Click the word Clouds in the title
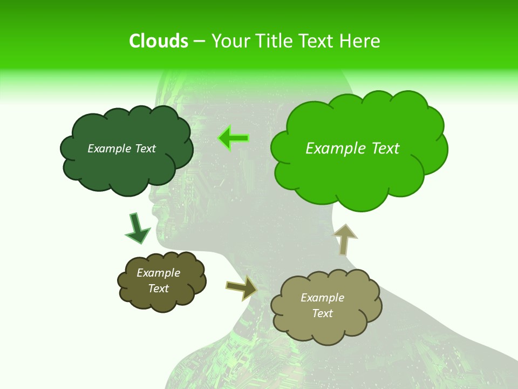[159, 41]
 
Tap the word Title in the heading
[273, 41]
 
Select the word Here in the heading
[362, 41]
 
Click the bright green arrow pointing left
[234, 138]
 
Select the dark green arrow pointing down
[137, 228]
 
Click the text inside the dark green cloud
[121, 149]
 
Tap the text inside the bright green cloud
[352, 149]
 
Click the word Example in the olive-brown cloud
[158, 273]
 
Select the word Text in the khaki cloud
[322, 313]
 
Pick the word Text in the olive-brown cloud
[158, 289]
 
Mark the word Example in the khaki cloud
[322, 298]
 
